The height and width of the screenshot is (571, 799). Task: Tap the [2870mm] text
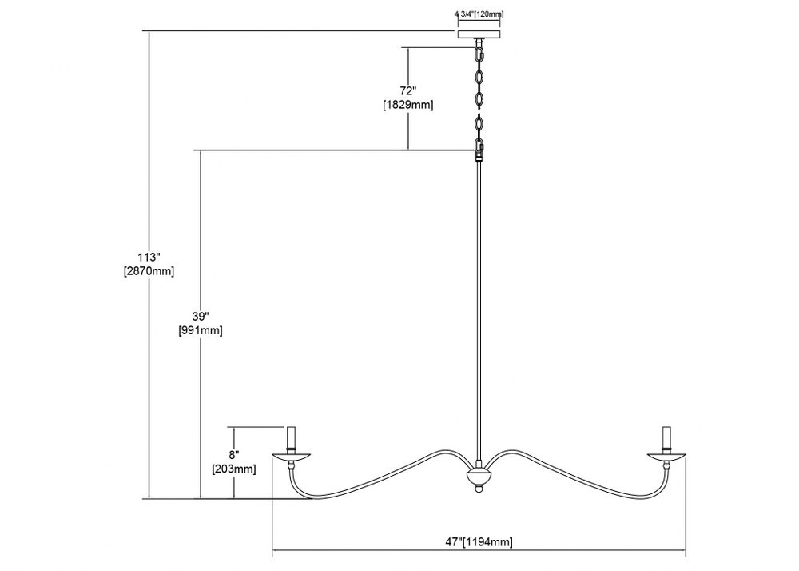coord(149,271)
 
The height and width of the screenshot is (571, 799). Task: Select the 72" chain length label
coord(408,90)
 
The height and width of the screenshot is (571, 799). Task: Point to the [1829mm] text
coord(408,106)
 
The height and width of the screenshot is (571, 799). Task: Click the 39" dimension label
coord(201,316)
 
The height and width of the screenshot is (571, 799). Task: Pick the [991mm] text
coord(201,330)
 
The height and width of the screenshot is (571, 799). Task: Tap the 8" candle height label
coord(234,455)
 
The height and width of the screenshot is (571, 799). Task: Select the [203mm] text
coord(234,469)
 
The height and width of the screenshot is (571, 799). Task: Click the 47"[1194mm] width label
coord(479,542)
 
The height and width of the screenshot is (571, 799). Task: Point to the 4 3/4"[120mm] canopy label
coord(479,14)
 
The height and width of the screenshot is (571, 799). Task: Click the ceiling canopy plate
coord(479,34)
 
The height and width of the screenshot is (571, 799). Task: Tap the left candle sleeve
coord(292,438)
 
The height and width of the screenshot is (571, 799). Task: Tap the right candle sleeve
coord(666,438)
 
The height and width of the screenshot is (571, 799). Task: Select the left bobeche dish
coord(292,456)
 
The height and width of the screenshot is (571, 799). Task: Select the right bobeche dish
coord(666,456)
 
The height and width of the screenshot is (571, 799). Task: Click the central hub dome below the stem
coord(479,477)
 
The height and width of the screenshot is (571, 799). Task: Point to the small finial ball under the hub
coord(479,489)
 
